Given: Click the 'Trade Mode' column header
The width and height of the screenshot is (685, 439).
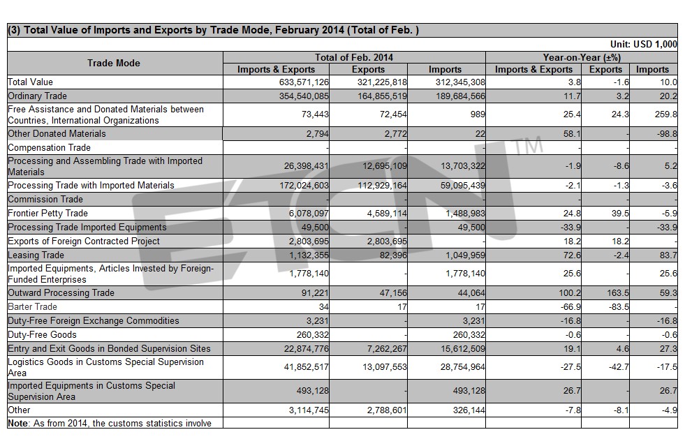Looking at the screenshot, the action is [x=114, y=63].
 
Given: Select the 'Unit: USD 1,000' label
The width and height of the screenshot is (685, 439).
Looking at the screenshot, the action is [x=644, y=44].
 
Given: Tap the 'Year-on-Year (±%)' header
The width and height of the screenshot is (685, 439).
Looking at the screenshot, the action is [x=582, y=57].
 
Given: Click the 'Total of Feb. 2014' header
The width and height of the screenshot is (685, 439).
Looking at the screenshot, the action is [x=354, y=57].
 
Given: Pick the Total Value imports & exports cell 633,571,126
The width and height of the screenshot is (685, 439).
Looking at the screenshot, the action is [x=304, y=82].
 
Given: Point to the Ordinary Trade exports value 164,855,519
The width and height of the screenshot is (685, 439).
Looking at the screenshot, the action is [x=382, y=96].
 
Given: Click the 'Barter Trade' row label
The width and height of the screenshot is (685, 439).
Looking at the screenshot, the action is [x=32, y=306].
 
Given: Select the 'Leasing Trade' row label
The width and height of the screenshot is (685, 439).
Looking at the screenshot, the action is [x=36, y=255].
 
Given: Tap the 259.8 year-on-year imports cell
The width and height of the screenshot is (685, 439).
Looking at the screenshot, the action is [x=665, y=114].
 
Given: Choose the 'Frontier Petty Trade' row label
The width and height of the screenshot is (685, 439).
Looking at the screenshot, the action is [x=47, y=213].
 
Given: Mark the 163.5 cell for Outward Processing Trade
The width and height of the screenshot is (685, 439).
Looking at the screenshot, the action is [x=618, y=292].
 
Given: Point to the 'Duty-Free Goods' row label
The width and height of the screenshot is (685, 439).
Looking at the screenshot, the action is [x=42, y=334].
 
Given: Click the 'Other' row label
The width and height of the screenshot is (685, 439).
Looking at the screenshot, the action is [x=20, y=410].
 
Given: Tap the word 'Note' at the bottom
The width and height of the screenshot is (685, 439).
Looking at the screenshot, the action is [x=17, y=423].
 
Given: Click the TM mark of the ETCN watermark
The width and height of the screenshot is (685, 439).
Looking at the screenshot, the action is [x=528, y=145].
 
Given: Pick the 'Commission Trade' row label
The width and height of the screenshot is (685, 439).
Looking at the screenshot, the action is [x=45, y=199].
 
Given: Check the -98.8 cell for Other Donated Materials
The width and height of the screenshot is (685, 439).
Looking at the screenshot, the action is [x=667, y=134].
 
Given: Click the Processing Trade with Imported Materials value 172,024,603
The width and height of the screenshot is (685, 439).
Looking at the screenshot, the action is [x=304, y=185].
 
